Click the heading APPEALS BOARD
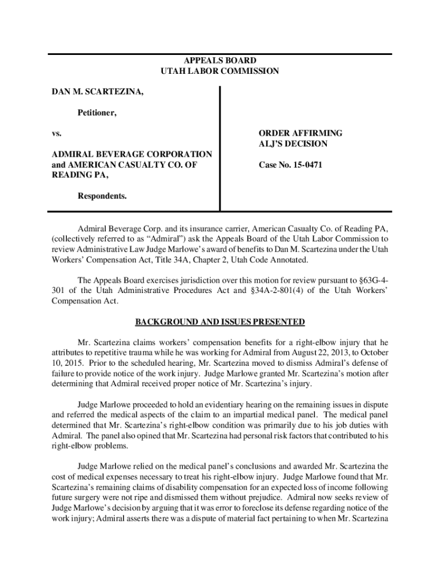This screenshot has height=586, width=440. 219,61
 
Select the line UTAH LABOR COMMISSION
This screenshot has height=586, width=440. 219,72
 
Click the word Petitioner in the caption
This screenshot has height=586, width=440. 97,113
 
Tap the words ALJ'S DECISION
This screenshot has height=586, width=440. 291,144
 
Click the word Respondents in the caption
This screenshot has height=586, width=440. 102,196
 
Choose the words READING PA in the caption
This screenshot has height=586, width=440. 79,175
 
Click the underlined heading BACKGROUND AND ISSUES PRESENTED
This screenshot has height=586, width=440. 219,322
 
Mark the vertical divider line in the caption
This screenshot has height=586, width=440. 220,149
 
